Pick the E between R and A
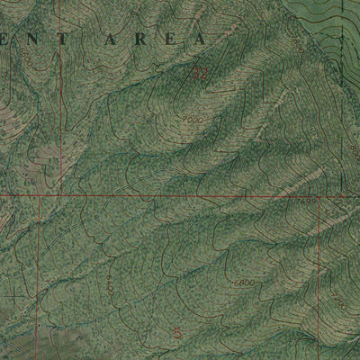tap(166, 40)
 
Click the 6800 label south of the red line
tap(242, 283)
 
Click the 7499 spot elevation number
tap(307, 200)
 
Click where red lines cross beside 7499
tap(319, 195)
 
